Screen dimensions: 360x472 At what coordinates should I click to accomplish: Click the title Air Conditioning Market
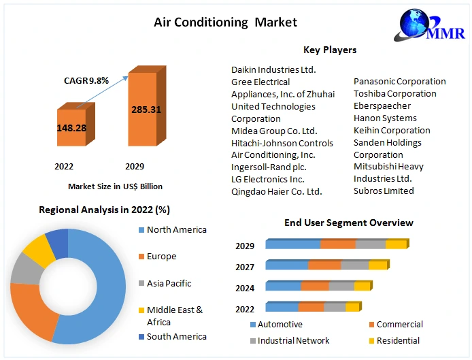tap(225, 22)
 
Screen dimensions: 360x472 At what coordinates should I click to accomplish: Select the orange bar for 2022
tap(71, 128)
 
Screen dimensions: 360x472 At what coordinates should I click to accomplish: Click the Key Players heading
tap(330, 50)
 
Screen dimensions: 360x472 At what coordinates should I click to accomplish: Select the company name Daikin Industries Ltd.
tap(273, 69)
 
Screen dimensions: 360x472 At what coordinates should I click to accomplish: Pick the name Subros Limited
tap(384, 191)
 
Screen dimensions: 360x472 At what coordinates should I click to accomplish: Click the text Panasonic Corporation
tap(399, 82)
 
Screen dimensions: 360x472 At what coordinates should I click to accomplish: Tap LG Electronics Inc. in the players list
tap(267, 179)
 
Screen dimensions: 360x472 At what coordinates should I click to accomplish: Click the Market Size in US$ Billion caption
tap(115, 186)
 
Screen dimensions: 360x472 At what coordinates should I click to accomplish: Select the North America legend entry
tap(176, 230)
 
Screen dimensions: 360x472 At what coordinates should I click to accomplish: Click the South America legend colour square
tap(141, 337)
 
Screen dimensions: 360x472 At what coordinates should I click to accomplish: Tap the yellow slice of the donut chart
tap(39, 250)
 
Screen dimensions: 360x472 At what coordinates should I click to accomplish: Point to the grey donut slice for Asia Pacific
tap(26, 269)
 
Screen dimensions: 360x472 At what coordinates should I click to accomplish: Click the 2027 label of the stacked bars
tap(245, 267)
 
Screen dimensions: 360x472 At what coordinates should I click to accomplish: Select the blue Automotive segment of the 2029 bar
tap(293, 244)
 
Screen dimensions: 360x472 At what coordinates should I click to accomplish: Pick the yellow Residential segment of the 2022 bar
tap(352, 308)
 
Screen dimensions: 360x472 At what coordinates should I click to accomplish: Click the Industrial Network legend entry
tap(293, 340)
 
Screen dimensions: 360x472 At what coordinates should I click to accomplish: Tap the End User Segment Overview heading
tap(348, 223)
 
